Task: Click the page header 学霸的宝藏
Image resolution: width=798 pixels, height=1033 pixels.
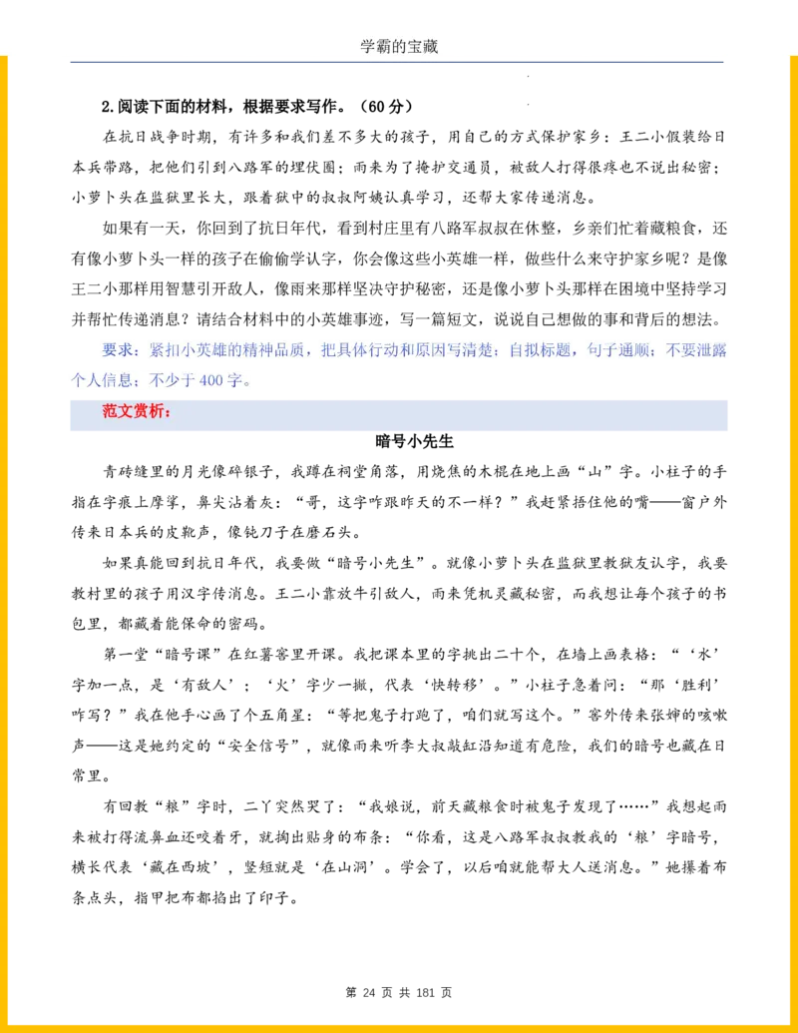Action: click(399, 46)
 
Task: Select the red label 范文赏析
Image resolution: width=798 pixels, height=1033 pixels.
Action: click(134, 411)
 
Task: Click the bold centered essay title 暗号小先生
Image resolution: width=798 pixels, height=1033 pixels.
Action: click(415, 441)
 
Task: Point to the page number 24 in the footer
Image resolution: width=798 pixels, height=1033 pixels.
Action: click(369, 992)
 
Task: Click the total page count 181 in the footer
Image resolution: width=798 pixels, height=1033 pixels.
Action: click(425, 992)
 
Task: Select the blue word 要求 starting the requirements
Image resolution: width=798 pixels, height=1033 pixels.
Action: click(117, 350)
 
